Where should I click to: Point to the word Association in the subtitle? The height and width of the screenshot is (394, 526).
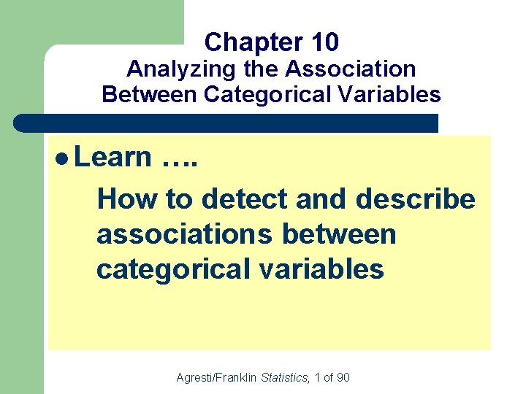coord(351,69)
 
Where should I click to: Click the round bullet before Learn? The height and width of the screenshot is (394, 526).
coord(61,158)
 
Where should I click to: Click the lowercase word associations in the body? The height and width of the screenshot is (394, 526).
coord(186,234)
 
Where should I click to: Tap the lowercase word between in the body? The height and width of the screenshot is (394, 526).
coord(340,234)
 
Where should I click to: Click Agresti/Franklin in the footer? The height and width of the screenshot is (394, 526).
coord(218,377)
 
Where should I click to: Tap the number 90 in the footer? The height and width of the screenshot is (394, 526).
coord(343,377)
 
